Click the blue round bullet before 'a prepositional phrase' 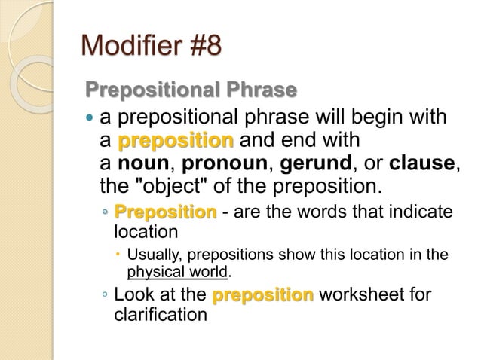(x=90, y=119)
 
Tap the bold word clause (x=424, y=163)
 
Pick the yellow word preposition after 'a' (x=176, y=141)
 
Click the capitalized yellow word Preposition (x=165, y=212)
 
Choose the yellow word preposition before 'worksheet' (x=263, y=294)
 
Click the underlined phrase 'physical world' (x=177, y=271)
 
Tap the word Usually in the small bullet (x=152, y=255)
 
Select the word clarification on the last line (x=160, y=313)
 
